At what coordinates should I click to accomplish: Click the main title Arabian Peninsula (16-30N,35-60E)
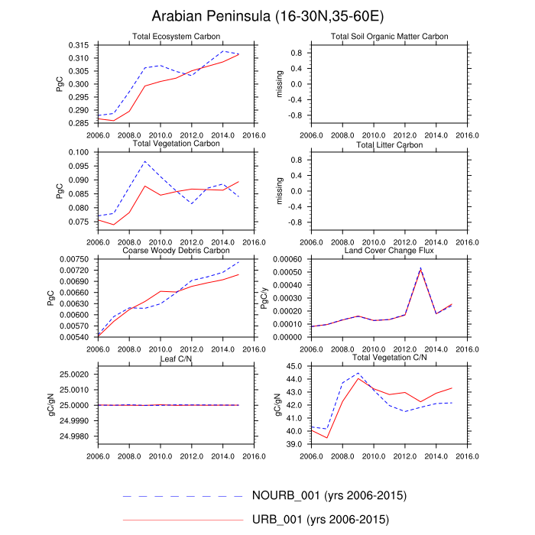[267, 16]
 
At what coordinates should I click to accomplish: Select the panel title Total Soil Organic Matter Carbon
[389, 37]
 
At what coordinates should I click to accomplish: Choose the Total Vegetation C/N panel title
[389, 358]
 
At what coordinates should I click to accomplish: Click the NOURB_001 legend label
[329, 496]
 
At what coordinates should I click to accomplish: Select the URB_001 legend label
[320, 520]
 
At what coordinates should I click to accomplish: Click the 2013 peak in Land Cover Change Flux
[420, 268]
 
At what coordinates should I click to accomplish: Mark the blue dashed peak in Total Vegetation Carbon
[144, 161]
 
